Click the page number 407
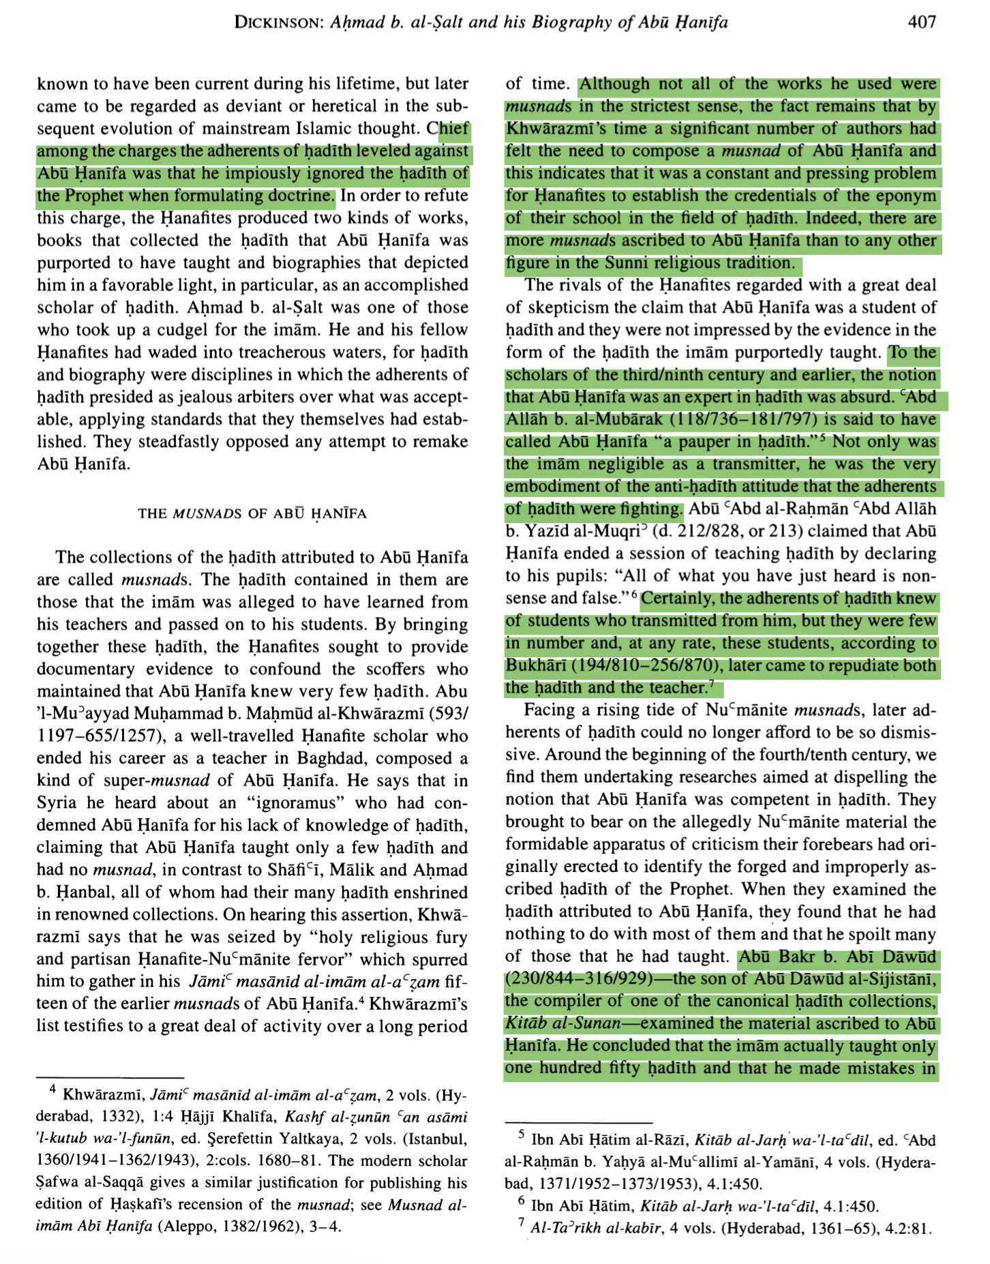(x=922, y=22)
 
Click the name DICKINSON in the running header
(x=278, y=23)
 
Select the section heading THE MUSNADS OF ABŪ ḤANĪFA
(x=252, y=513)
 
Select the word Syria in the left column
(x=59, y=803)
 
